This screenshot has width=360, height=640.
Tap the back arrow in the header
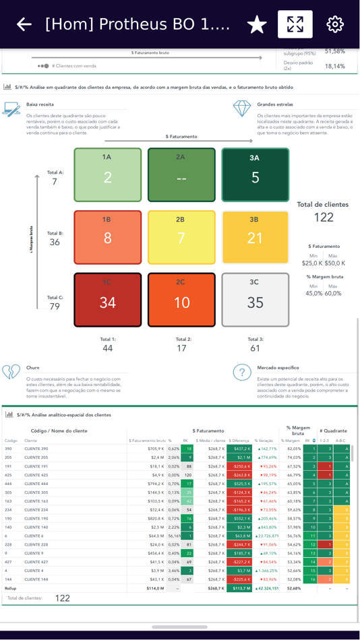pos(24,25)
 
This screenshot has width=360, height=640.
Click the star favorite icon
pos(257,25)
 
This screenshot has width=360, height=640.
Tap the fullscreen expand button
pos(295,24)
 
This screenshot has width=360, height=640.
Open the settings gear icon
pos(335,25)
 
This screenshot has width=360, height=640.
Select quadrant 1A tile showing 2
pos(107,175)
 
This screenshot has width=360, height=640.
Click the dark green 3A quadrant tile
pos(255,175)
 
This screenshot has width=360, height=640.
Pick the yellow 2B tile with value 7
pos(181,237)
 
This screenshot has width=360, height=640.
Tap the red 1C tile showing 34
pos(107,300)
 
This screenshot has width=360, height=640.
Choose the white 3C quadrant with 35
pos(255,300)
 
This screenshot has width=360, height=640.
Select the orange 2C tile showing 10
pos(181,300)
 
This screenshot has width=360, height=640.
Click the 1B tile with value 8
pos(107,237)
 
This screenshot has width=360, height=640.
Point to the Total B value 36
pos(55,243)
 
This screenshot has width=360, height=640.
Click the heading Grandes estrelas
pos(275,104)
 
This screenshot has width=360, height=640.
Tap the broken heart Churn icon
pos(11,372)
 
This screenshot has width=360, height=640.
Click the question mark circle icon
pos(242,373)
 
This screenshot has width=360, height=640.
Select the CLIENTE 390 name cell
pos(36,449)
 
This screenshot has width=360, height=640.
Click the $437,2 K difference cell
pos(239,449)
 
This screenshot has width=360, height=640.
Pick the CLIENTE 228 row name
pos(36,544)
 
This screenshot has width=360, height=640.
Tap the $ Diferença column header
pos(239,441)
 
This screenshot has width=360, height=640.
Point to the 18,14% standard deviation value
pos(334,66)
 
